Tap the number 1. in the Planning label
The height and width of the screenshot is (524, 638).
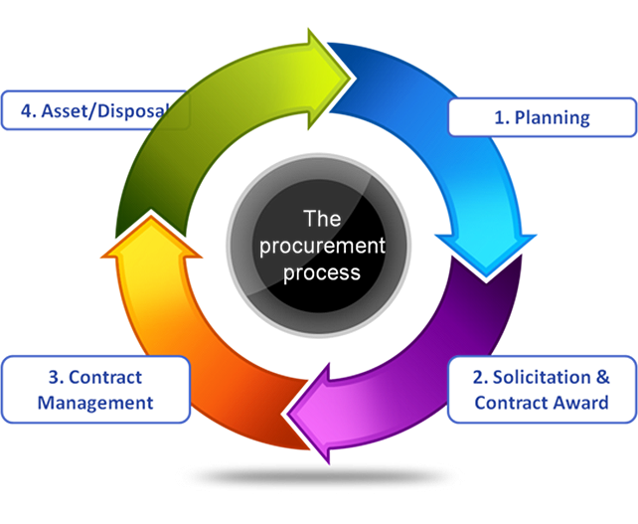tap(503, 117)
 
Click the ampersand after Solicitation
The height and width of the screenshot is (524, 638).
tap(601, 378)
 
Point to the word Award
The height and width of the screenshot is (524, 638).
tap(581, 403)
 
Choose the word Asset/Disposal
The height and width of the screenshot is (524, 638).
tap(109, 111)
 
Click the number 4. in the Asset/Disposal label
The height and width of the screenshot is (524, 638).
tap(27, 111)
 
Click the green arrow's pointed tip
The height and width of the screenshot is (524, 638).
tap(350, 71)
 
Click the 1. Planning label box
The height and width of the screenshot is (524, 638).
tap(542, 117)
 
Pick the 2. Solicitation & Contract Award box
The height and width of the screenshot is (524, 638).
tap(542, 390)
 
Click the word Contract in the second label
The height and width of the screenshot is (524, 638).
tap(508, 403)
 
